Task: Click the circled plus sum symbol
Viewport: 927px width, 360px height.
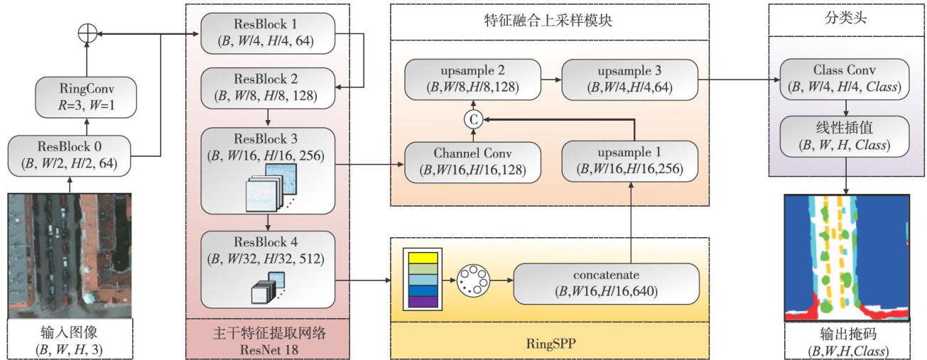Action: coord(85,33)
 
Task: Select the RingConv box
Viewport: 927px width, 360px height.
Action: coord(85,97)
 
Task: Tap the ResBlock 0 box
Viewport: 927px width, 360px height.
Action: coord(70,156)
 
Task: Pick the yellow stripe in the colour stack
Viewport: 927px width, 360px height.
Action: coord(423,258)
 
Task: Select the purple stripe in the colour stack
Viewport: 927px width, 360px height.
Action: coord(423,301)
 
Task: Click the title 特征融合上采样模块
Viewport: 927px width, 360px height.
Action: coord(549,22)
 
